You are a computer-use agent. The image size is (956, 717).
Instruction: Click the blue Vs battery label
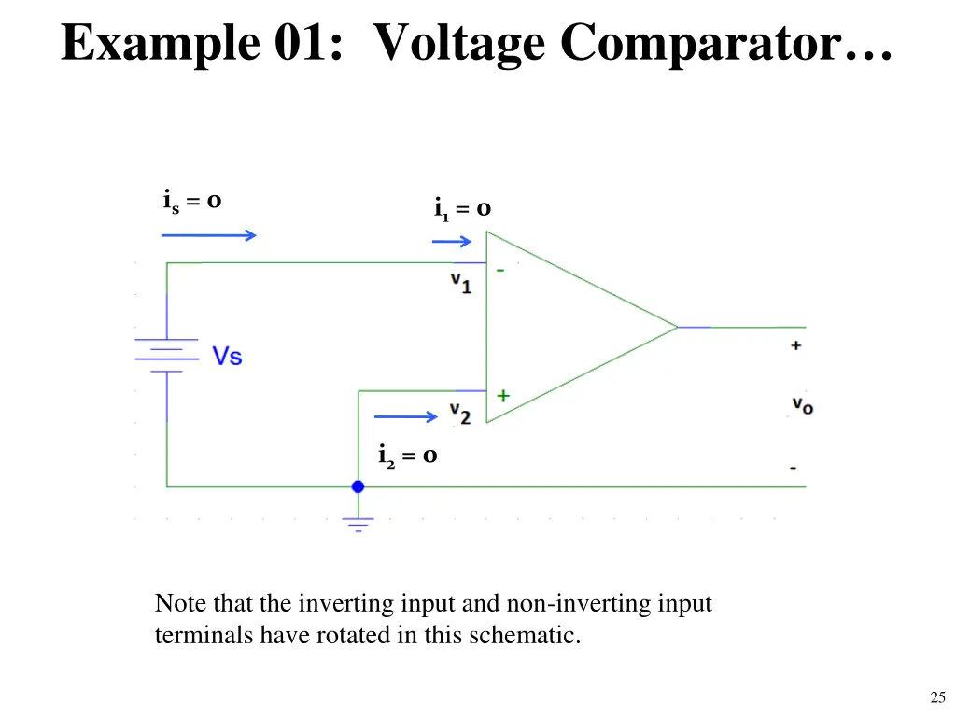coord(227,356)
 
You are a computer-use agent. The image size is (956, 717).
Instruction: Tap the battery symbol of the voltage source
coord(166,355)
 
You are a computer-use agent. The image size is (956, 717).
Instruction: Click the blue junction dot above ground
coord(358,486)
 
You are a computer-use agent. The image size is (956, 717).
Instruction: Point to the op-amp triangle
coord(582,327)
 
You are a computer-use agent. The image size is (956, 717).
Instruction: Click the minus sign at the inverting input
coord(500,270)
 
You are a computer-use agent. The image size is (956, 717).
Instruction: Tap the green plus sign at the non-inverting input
coord(503,396)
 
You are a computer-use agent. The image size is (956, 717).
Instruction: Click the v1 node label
coord(461,283)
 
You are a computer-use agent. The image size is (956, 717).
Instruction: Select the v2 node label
coord(460,414)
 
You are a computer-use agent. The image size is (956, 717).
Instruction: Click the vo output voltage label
coord(802,405)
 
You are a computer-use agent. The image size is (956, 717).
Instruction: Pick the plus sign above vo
coord(795,345)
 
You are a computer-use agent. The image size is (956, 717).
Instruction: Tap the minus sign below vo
coord(793,468)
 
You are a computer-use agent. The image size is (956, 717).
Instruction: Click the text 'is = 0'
coord(192,202)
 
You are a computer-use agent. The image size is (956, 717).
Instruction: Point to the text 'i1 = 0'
coord(462,209)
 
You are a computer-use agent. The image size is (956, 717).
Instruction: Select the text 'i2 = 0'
coord(407,456)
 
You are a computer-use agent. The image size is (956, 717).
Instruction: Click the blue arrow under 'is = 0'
coord(208,235)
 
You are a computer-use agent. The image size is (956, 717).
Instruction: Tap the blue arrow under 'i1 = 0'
coord(452,242)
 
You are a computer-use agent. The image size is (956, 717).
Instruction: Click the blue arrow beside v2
coord(405,416)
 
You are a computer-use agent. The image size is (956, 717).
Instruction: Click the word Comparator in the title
coord(725,44)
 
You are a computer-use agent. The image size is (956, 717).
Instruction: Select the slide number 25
coord(937,696)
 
